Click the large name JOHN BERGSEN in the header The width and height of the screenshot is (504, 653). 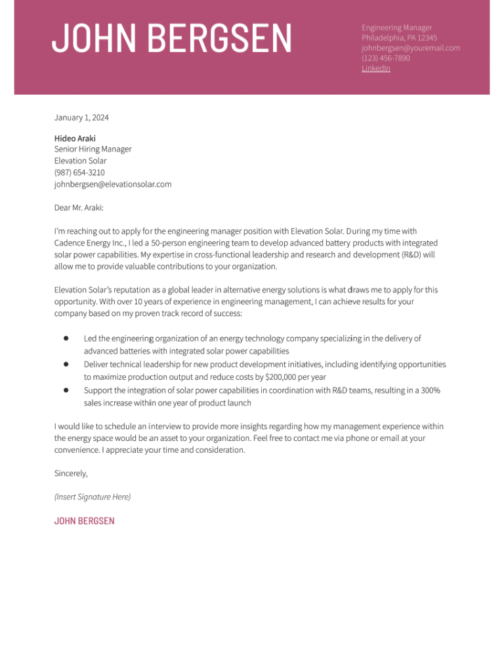click(171, 37)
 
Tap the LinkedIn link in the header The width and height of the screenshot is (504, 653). click(375, 68)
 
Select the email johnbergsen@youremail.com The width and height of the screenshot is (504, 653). click(410, 48)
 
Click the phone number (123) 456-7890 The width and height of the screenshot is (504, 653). click(385, 58)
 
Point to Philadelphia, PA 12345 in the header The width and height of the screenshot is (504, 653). click(399, 38)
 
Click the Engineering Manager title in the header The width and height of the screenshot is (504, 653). click(396, 28)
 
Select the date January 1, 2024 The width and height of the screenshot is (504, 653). click(81, 118)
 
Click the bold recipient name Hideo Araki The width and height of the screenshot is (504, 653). click(75, 139)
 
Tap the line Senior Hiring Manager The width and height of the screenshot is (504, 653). click(93, 149)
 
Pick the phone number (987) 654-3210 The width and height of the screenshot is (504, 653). click(79, 172)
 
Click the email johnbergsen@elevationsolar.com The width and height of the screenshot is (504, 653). click(113, 184)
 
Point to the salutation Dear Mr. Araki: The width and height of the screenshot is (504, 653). click(79, 208)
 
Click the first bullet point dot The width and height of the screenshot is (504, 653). click(66, 338)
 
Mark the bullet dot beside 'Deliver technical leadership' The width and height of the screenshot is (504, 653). click(66, 363)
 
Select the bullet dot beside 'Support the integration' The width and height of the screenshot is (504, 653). click(66, 390)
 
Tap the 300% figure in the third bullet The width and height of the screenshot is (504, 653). click(430, 391)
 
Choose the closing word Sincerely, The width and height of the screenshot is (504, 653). click(71, 473)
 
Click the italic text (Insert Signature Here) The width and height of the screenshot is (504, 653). click(93, 497)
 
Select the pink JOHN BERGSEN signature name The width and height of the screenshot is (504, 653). click(84, 521)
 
